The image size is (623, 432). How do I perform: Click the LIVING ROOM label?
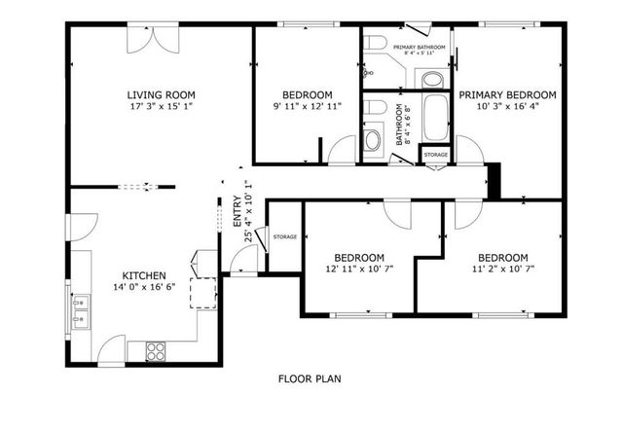[x=162, y=94]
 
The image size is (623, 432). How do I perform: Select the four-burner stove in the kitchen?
[x=156, y=350]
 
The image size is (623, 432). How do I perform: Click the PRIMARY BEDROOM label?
[x=507, y=94]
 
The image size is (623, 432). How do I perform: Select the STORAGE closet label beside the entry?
[x=284, y=236]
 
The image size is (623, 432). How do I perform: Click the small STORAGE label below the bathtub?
[x=436, y=155]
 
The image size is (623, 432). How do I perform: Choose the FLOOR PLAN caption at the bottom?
[x=309, y=378]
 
